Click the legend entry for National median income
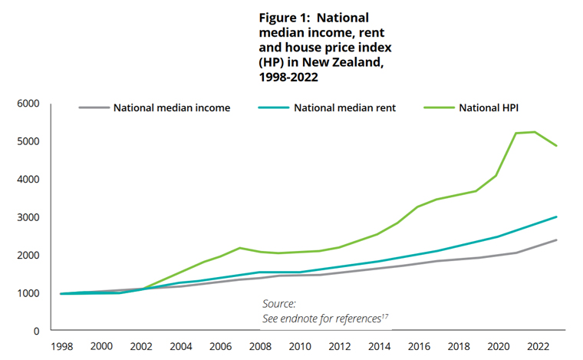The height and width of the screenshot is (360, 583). click(172, 107)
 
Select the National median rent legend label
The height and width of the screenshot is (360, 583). click(345, 107)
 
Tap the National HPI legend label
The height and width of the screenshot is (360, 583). click(489, 107)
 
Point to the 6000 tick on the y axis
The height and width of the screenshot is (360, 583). click(28, 104)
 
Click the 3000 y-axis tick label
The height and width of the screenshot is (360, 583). click(28, 217)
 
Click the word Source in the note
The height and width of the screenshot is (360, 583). click(278, 303)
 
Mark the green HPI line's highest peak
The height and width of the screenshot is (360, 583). click(535, 132)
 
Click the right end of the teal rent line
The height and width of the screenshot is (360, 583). click(556, 216)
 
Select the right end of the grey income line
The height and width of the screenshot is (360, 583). click(556, 239)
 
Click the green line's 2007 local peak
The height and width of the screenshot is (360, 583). click(239, 248)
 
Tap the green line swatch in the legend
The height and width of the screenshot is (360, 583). click(437, 107)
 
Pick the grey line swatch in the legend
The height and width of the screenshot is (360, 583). click(94, 107)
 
